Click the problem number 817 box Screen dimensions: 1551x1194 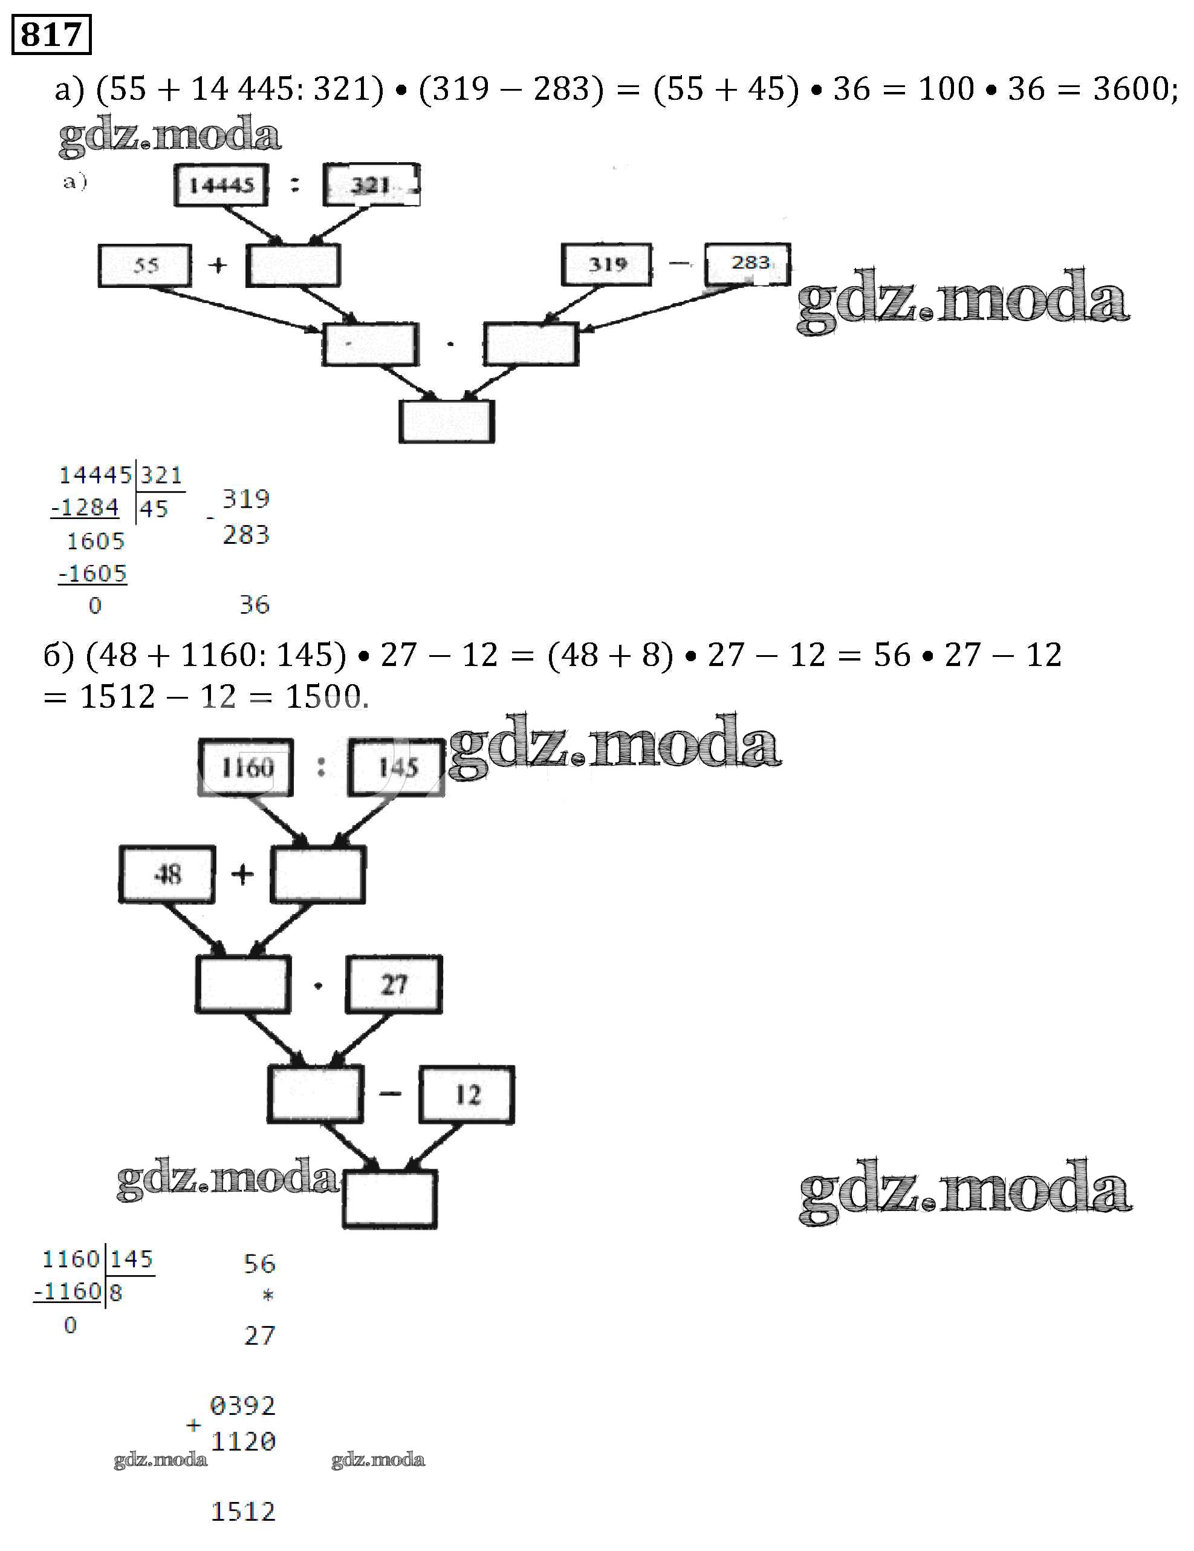(51, 34)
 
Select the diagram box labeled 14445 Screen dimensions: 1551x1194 (221, 185)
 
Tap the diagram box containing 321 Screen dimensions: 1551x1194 (371, 185)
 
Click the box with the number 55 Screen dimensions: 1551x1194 (145, 266)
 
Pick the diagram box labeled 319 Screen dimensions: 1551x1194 (606, 265)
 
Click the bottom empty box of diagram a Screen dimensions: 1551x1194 (447, 422)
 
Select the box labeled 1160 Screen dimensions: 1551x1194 (245, 767)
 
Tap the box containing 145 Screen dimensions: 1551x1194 (396, 767)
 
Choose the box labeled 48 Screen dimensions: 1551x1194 (167, 874)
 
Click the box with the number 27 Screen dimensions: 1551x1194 (394, 984)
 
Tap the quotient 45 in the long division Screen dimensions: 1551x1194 (154, 509)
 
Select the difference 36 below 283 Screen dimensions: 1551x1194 (254, 604)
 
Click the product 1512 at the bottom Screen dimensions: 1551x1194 (243, 1512)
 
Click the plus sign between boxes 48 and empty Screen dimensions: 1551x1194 (242, 874)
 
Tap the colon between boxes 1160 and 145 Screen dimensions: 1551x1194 (321, 766)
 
